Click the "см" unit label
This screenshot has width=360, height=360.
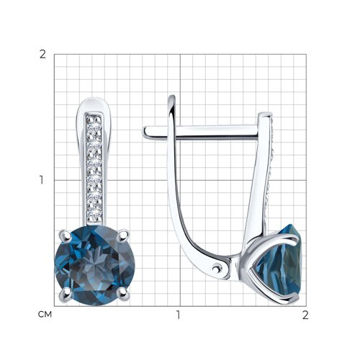[x=45, y=315]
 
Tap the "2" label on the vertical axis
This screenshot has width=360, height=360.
[x=42, y=55]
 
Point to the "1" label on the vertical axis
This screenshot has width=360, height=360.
[x=42, y=180]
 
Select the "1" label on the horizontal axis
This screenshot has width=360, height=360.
[x=178, y=315]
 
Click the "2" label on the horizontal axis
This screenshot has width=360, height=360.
[x=305, y=315]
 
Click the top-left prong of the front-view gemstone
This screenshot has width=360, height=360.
[x=65, y=235]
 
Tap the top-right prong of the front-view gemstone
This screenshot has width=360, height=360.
[x=124, y=234]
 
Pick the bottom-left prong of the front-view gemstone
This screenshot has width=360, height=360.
[x=66, y=293]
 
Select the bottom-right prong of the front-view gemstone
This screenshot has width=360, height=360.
[x=123, y=293]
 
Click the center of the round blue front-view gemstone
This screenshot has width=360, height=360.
[x=94, y=266]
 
